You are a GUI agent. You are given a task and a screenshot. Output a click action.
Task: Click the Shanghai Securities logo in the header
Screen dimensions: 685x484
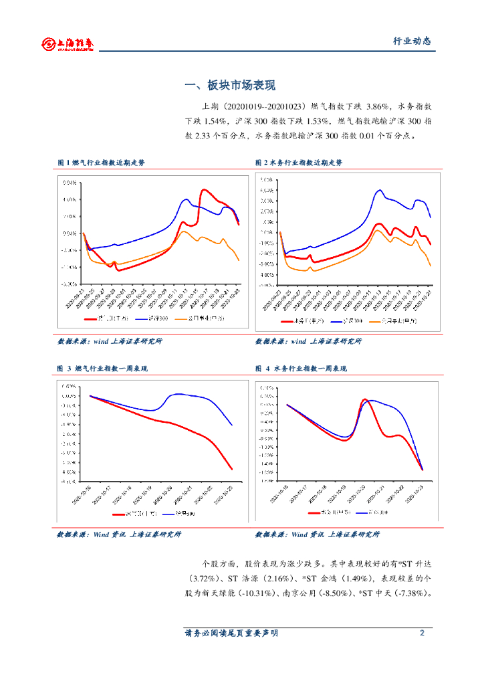(67, 44)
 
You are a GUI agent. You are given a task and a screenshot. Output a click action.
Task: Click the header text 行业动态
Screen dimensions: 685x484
(411, 41)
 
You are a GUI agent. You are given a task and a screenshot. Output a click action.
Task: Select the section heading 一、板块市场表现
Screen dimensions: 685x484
(230, 86)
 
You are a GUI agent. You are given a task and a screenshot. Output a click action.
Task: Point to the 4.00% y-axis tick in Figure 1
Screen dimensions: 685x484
(69, 199)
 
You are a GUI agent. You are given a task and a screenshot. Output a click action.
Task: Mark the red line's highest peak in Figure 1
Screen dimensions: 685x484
(204, 190)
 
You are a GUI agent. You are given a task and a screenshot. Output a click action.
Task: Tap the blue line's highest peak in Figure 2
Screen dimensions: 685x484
(380, 190)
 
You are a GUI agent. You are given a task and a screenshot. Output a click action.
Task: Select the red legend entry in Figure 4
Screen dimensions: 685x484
(322, 512)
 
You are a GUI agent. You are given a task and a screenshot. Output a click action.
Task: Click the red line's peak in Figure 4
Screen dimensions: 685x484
(364, 400)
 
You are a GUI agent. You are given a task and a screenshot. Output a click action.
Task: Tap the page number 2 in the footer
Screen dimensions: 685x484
(422, 633)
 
